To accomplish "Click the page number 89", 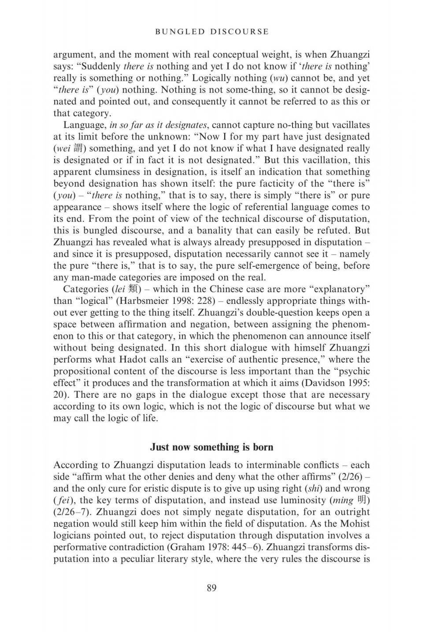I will (x=211, y=588).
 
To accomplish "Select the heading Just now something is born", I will (x=211, y=447).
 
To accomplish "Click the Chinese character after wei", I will (x=80, y=149).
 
